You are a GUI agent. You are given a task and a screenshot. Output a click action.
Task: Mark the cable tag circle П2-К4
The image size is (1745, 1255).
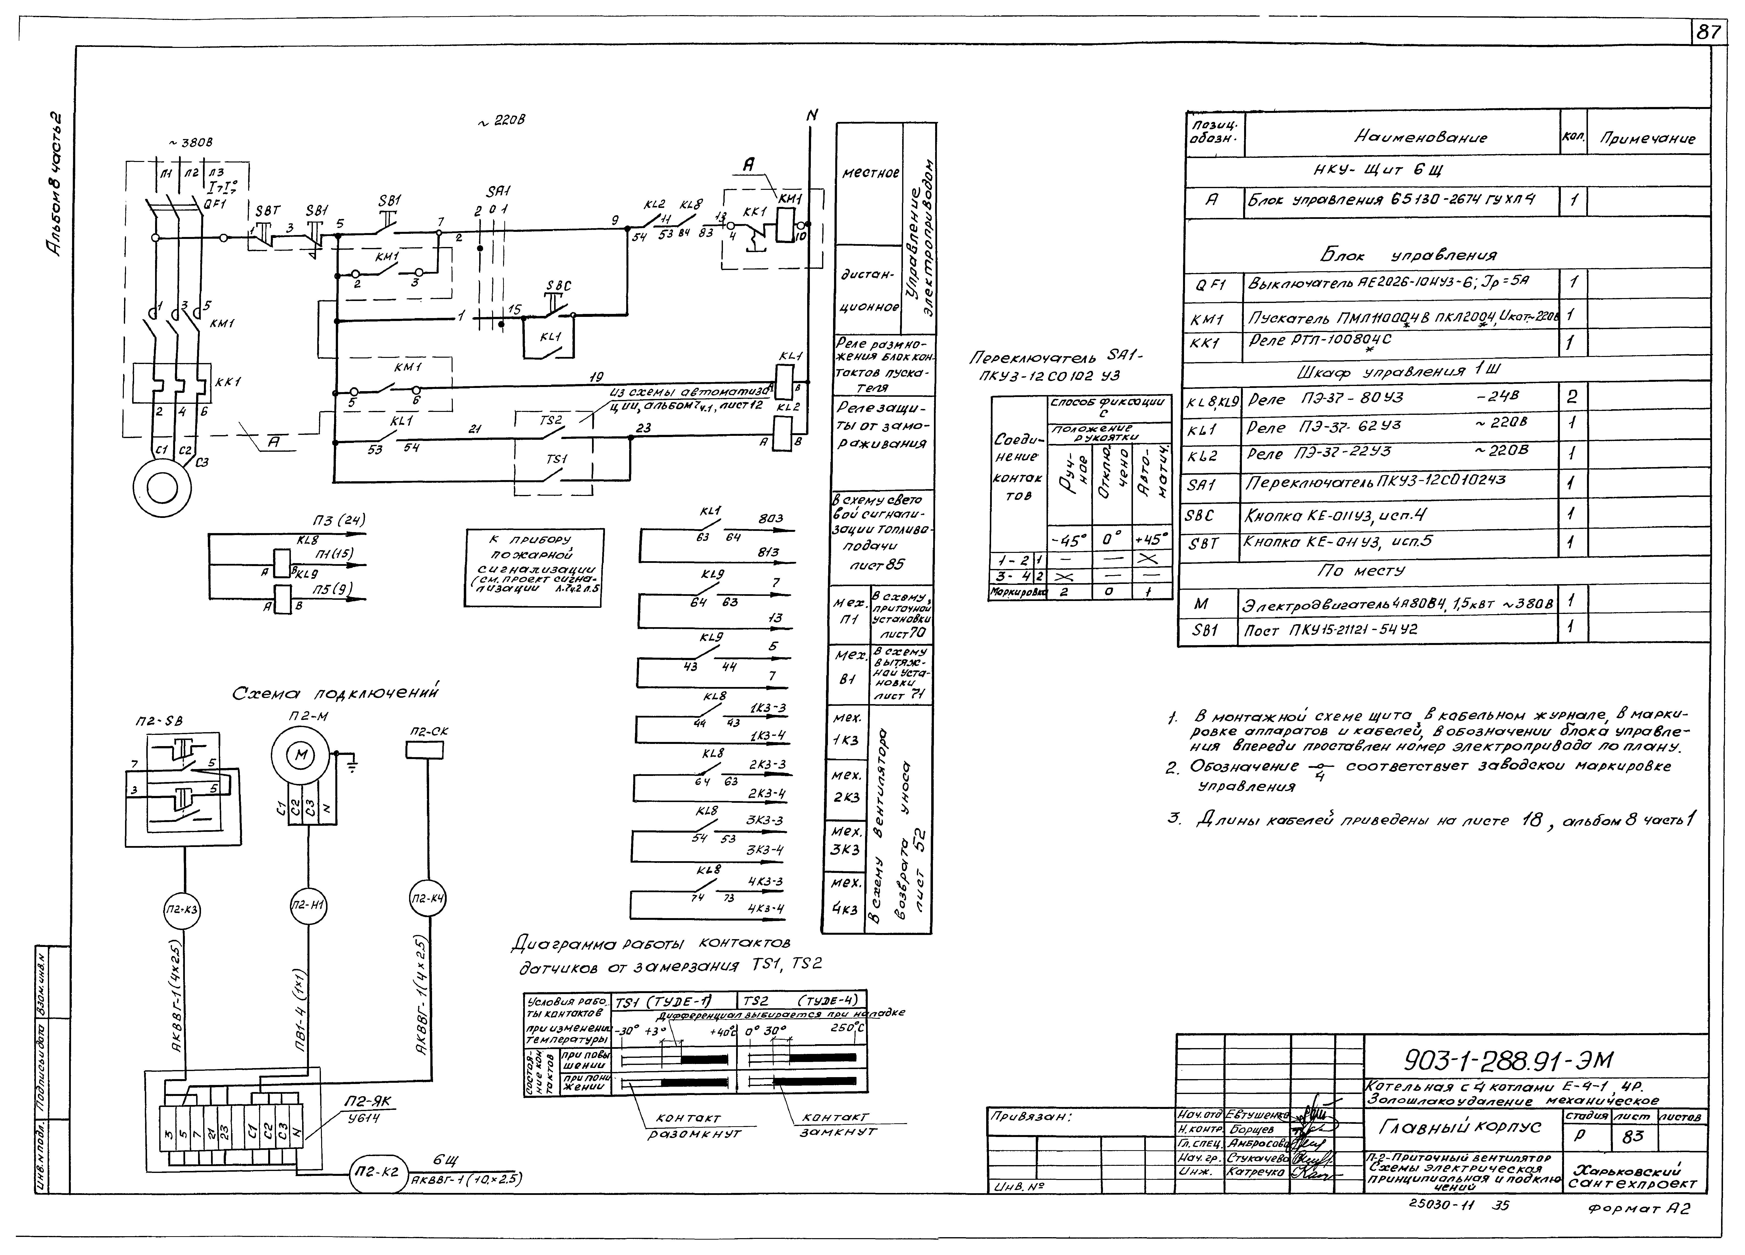[427, 899]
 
